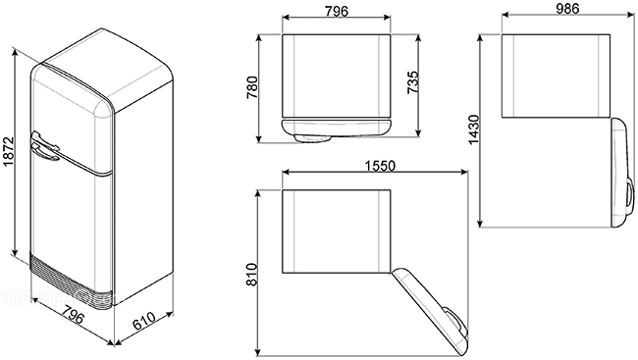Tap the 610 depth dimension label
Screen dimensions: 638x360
(144, 321)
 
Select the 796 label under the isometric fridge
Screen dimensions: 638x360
(74, 313)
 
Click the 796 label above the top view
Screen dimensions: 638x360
(337, 11)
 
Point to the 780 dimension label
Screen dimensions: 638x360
(252, 88)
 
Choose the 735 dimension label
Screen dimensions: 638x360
(413, 82)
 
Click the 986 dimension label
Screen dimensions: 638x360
(567, 9)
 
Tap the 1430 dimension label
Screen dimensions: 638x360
(474, 129)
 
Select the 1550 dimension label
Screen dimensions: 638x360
(380, 166)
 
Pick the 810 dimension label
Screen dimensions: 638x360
(252, 275)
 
